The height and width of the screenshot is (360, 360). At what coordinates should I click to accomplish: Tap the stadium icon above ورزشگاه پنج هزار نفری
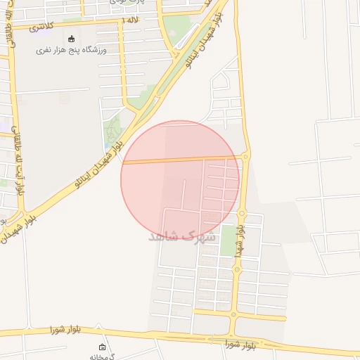point(71,39)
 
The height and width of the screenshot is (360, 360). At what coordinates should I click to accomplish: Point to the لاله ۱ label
point(130,20)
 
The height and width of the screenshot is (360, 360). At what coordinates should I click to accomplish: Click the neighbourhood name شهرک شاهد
point(181,237)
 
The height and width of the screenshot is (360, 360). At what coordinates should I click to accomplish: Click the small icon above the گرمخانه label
point(103,347)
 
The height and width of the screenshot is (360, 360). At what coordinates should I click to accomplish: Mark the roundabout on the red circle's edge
point(245,156)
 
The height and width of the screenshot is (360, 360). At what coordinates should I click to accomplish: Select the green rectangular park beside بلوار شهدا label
point(229,241)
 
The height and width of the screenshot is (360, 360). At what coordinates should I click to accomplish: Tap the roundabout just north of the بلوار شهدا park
point(242,212)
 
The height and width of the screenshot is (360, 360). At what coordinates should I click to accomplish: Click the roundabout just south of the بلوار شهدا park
point(237,269)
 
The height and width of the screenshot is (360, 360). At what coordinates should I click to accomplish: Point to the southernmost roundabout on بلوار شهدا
point(233,314)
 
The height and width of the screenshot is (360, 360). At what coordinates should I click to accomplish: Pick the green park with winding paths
point(112,131)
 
